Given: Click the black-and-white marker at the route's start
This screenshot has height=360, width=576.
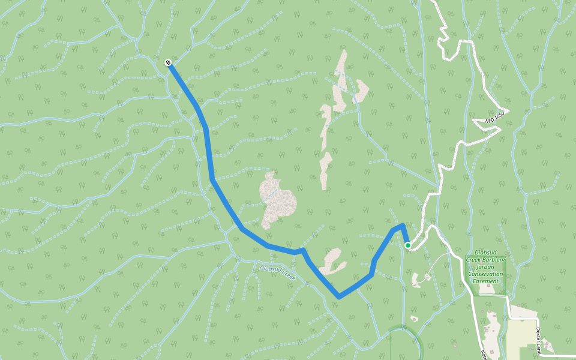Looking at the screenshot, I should tap(169, 62).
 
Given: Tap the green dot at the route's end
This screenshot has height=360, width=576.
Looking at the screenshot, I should tap(408, 245).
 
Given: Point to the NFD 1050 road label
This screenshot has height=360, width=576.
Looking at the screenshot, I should tap(496, 118).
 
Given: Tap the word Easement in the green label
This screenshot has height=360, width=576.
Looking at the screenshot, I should tap(486, 281).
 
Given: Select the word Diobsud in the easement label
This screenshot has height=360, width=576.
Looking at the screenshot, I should tap(487, 253).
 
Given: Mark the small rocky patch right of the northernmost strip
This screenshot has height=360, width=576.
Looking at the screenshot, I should tap(362, 91).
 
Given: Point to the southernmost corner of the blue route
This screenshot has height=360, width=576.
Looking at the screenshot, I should tap(339, 296).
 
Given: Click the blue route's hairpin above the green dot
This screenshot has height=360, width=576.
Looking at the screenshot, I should tap(402, 226).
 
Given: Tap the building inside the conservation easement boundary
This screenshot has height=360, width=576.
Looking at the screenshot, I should tap(485, 289).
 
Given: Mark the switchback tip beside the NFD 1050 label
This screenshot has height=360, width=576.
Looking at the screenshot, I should tap(508, 112).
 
